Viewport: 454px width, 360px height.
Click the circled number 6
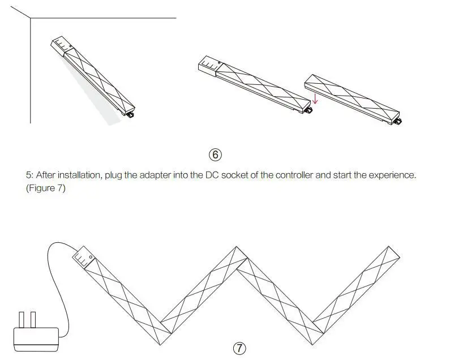click(x=215, y=155)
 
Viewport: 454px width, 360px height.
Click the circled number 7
click(x=240, y=348)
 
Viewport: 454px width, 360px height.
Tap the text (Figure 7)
click(x=46, y=188)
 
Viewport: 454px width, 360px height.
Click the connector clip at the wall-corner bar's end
click(x=131, y=114)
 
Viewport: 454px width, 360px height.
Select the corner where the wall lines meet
click(x=31, y=19)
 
